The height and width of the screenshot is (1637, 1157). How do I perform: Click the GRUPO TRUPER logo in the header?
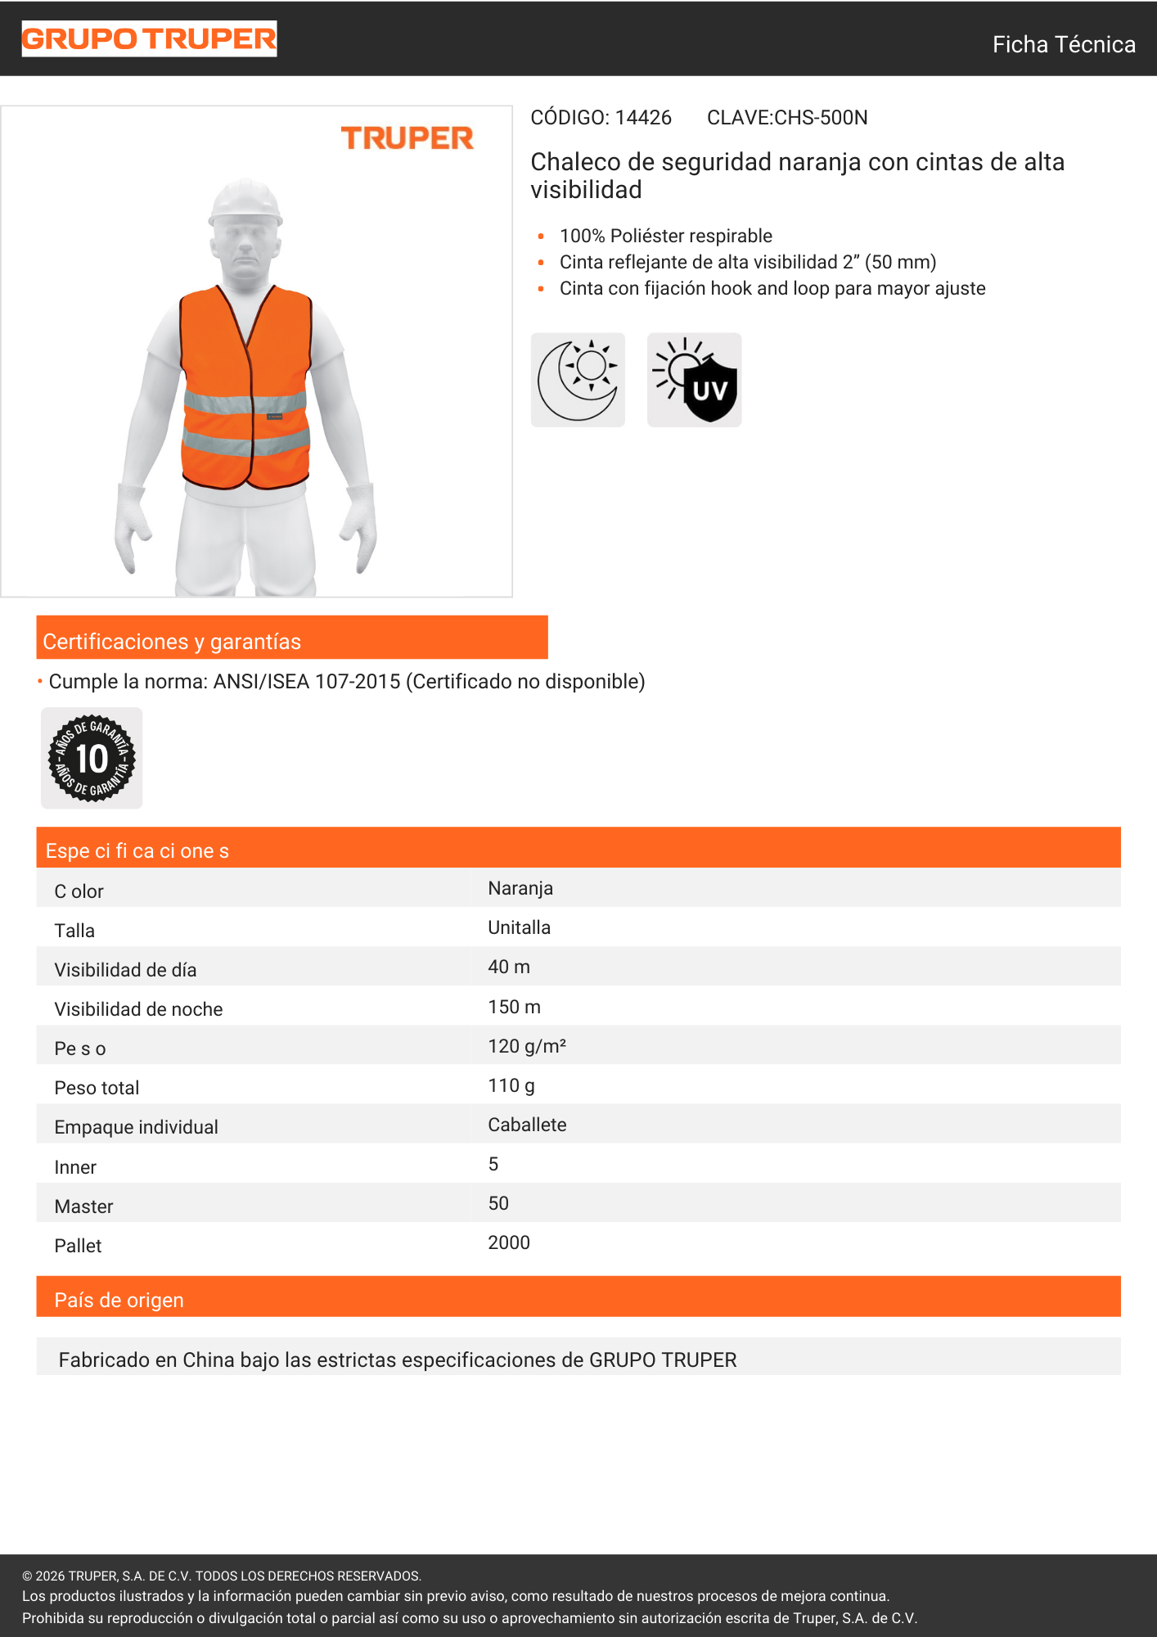click(149, 38)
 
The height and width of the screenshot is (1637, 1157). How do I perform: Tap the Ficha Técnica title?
click(1063, 44)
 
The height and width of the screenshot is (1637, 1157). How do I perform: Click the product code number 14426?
click(643, 118)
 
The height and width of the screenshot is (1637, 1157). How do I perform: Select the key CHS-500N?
click(821, 118)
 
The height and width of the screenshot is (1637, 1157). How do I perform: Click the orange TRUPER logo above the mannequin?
click(407, 138)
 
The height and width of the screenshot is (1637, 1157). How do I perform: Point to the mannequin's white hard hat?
click(245, 202)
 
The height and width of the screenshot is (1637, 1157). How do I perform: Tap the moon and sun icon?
click(578, 380)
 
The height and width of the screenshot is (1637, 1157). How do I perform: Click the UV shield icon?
click(694, 380)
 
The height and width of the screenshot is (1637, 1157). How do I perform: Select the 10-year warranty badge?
click(92, 759)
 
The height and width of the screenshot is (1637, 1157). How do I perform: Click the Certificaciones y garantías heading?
click(172, 642)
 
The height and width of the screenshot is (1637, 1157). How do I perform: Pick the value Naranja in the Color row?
click(520, 888)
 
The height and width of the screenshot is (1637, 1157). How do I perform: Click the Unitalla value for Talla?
click(519, 927)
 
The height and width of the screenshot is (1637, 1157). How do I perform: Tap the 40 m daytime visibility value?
click(509, 967)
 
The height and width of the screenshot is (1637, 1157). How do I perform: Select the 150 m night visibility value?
click(514, 1007)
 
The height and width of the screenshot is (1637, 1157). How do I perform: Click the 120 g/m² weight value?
click(527, 1046)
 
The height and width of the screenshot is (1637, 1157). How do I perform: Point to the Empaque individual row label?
click(136, 1127)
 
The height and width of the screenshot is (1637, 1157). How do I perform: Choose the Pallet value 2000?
click(509, 1242)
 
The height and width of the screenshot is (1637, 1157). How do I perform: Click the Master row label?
click(83, 1206)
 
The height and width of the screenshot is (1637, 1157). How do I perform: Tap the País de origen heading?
click(119, 1300)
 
